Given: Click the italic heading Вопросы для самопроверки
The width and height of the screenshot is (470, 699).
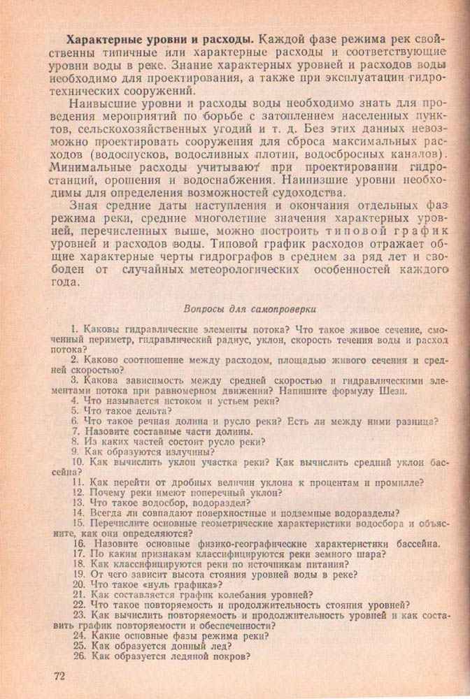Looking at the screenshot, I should click(250, 308).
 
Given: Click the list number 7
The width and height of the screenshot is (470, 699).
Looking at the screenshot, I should click(76, 431).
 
